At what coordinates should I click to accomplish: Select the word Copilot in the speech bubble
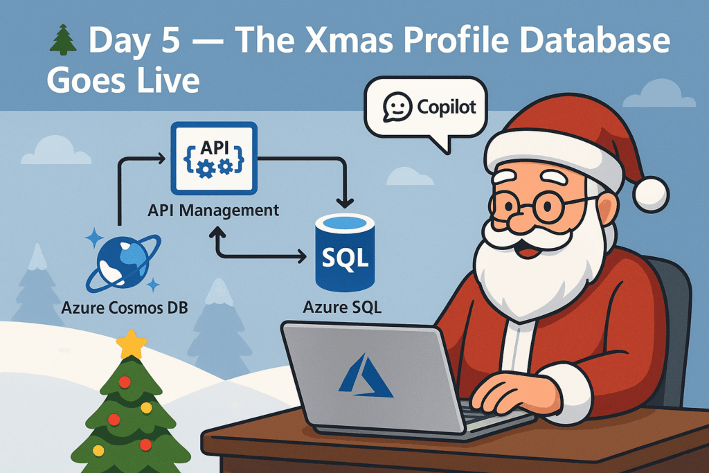coord(447,107)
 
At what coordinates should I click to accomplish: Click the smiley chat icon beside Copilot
coord(397,107)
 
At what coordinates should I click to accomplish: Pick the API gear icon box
coord(214,159)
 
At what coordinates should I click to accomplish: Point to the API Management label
coord(213,211)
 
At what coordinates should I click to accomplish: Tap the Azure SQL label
coord(342,307)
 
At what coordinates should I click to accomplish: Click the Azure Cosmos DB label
coord(125,308)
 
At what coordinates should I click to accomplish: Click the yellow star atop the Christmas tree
coord(131,343)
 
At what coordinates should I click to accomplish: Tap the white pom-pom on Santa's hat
coord(651,195)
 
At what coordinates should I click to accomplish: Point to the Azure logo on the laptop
coord(366,376)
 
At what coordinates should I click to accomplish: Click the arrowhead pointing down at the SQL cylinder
coord(345,202)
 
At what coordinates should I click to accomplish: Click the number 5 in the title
coord(170,40)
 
